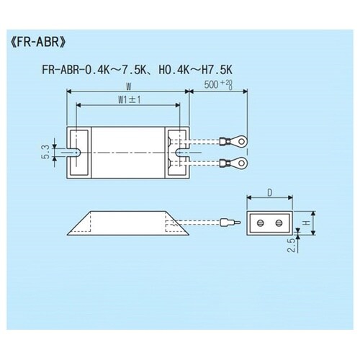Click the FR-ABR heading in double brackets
tap(38, 42)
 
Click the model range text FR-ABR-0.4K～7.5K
tap(94, 70)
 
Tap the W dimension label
tap(129, 86)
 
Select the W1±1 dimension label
tap(130, 100)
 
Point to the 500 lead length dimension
tap(218, 85)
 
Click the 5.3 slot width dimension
tap(45, 152)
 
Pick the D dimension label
tap(270, 193)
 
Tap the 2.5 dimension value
tap(291, 246)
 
